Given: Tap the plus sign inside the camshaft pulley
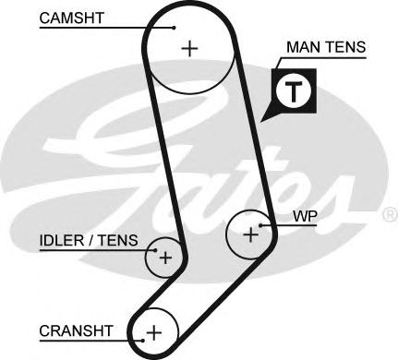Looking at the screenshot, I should [190, 48].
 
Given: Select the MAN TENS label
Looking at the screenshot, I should [327, 45].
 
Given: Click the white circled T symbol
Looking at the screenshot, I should [293, 90].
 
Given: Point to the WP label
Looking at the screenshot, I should [304, 218].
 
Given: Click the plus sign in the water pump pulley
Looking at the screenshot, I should [250, 234].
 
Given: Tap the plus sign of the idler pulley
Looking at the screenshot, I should [165, 258].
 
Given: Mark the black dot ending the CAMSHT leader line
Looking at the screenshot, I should [174, 28].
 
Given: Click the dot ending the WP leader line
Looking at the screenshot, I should [262, 224].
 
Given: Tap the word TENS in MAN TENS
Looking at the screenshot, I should [345, 45].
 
